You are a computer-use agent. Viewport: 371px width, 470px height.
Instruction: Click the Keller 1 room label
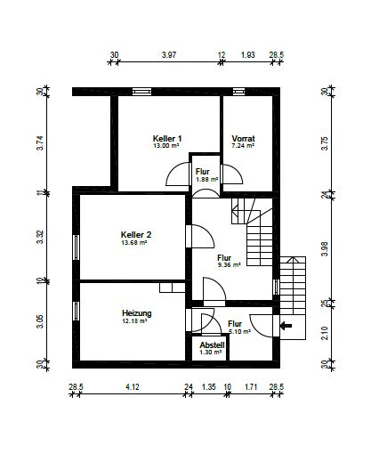167,139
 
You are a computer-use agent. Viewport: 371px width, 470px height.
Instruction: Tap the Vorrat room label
243,139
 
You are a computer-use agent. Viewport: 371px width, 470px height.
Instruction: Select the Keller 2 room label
136,235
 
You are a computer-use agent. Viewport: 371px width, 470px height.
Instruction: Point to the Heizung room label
137,313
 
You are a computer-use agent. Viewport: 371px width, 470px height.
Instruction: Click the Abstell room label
212,345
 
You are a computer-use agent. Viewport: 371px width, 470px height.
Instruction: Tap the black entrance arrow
286,326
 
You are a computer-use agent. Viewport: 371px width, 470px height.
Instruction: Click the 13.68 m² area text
134,242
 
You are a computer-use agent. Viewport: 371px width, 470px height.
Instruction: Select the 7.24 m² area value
243,146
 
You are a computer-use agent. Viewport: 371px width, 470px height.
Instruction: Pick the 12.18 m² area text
134,321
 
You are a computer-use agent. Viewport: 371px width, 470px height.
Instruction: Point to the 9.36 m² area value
229,265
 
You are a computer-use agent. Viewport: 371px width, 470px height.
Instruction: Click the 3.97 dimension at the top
169,55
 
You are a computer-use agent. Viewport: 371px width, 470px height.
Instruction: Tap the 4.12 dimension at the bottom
133,387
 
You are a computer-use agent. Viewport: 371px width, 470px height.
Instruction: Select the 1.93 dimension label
248,55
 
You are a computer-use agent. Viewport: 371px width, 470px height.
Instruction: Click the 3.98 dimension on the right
325,249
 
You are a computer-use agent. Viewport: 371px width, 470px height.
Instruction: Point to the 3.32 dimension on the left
40,237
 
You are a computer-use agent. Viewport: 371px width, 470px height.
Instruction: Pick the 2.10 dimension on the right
325,333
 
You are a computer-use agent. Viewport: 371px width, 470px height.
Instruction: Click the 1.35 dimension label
209,387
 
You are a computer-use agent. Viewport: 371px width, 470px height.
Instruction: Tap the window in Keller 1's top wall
142,92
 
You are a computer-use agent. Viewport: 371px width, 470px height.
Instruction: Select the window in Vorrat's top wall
238,92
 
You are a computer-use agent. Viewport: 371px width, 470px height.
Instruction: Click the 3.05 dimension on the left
40,321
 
